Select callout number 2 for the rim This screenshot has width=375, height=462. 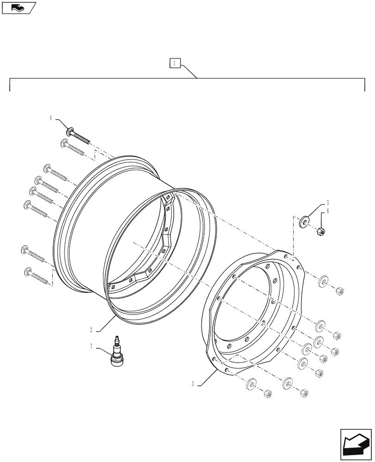coord(91,329)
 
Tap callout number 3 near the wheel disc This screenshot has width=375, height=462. coord(192,383)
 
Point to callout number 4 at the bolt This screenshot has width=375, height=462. coord(51,119)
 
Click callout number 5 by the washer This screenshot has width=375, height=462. coord(327,202)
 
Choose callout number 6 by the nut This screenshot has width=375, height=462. coord(327,211)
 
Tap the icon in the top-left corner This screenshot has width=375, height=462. coord(18,7)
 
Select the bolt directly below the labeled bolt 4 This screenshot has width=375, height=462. coord(73,147)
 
